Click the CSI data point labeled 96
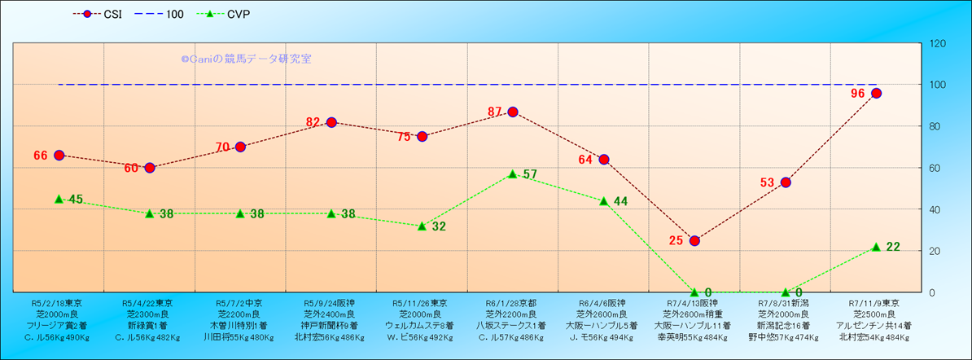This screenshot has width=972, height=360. point(876,94)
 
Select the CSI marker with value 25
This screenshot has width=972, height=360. point(694,240)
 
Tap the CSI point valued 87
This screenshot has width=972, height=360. point(513,112)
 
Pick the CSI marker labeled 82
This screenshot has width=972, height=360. point(331,122)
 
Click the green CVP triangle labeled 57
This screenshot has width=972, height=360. point(513,173)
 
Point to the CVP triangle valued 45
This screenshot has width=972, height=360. point(59,199)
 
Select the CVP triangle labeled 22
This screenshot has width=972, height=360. point(876,246)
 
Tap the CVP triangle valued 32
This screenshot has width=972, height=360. point(422,226)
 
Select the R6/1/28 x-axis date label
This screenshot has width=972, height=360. point(511,302)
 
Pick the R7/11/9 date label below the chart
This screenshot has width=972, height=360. point(875,302)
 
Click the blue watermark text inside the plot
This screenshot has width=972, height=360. point(246,59)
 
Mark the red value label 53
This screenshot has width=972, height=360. point(768,182)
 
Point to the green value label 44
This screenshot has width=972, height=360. point(620,201)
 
